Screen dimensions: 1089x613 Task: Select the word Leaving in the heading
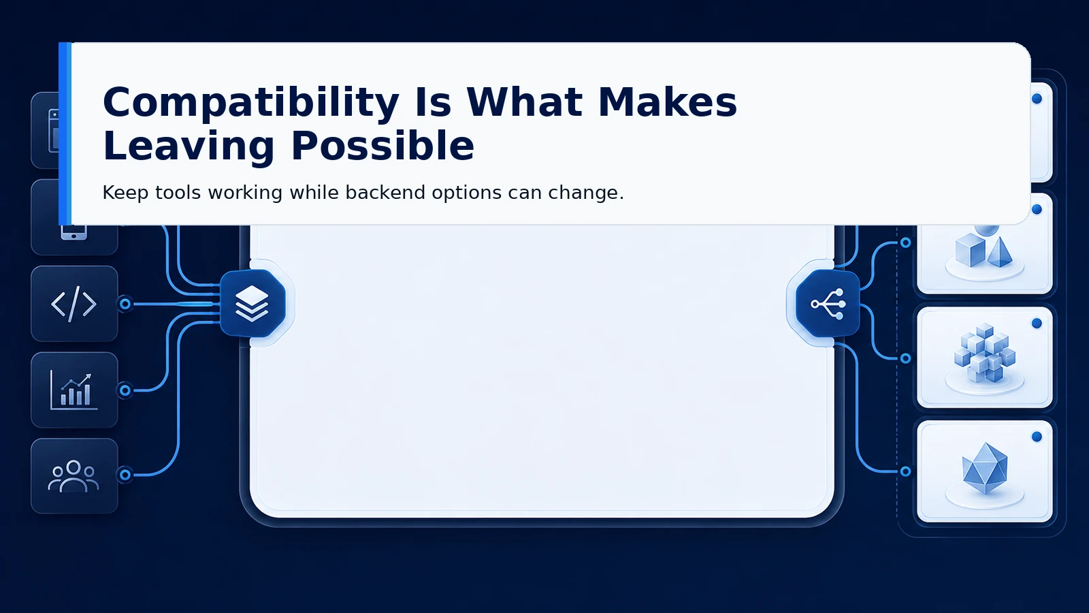coord(189,146)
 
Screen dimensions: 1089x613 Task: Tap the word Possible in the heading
coord(383,146)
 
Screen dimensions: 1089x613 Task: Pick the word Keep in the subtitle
coord(125,193)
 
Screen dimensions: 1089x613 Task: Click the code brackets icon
coord(74,304)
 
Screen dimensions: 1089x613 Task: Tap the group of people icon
coord(74,476)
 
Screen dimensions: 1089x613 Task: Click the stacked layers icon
coord(252,304)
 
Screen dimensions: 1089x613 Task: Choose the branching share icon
coord(828,304)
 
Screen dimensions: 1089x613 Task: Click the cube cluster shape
coord(985,352)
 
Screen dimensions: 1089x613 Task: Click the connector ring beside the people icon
coord(125,474)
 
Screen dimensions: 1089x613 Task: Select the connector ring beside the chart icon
coord(125,390)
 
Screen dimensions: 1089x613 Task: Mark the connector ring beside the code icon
coord(125,304)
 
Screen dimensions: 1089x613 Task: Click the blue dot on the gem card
coord(1037,437)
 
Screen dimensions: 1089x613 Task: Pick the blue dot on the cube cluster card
coord(1037,324)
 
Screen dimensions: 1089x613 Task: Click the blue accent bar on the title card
coord(65,133)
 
